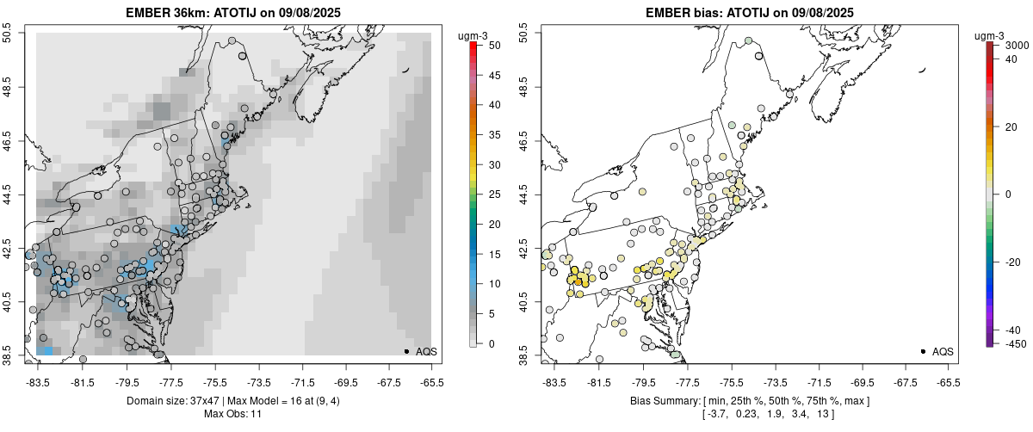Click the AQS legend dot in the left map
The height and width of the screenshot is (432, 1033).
click(x=406, y=351)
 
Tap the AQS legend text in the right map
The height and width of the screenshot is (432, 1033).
click(x=943, y=351)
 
